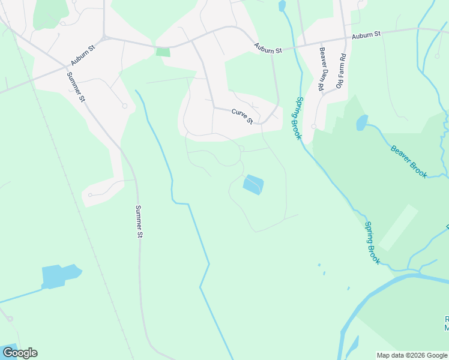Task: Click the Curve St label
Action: click(x=243, y=115)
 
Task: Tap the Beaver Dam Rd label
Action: click(x=322, y=69)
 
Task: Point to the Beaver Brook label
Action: click(x=408, y=161)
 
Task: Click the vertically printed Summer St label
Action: click(x=138, y=221)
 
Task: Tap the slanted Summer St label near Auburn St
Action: click(x=76, y=86)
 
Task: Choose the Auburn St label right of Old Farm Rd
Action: click(x=366, y=35)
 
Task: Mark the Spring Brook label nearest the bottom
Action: click(x=372, y=242)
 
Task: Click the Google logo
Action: click(x=20, y=353)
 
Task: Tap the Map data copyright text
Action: click(x=412, y=355)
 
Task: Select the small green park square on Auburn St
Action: click(x=163, y=52)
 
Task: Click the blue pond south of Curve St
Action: click(x=253, y=184)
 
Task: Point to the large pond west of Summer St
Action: click(x=60, y=276)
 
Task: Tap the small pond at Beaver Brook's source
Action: click(x=362, y=122)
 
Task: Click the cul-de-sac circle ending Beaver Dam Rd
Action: click(x=314, y=127)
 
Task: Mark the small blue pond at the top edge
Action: click(x=282, y=6)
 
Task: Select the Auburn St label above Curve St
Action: click(x=268, y=48)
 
